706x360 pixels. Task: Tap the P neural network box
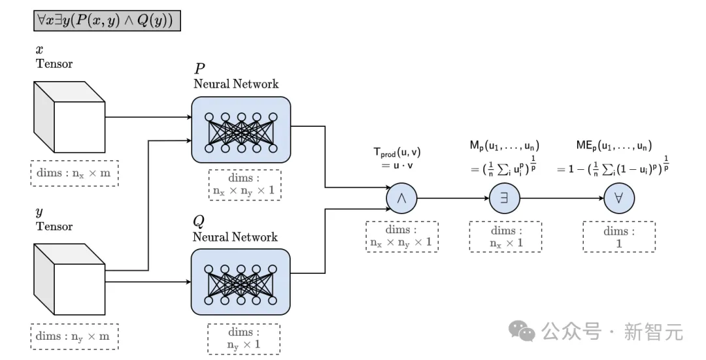click(x=241, y=129)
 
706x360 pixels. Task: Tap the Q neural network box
click(x=241, y=282)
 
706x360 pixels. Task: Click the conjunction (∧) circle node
click(x=402, y=198)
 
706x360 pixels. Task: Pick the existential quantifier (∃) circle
click(x=505, y=198)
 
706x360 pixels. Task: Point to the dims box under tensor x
click(x=74, y=172)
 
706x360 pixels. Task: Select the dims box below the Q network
click(x=244, y=339)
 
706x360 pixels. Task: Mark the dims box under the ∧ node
click(x=402, y=237)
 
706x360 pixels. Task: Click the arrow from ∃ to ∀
click(x=561, y=198)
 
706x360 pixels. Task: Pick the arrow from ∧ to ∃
click(x=453, y=198)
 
